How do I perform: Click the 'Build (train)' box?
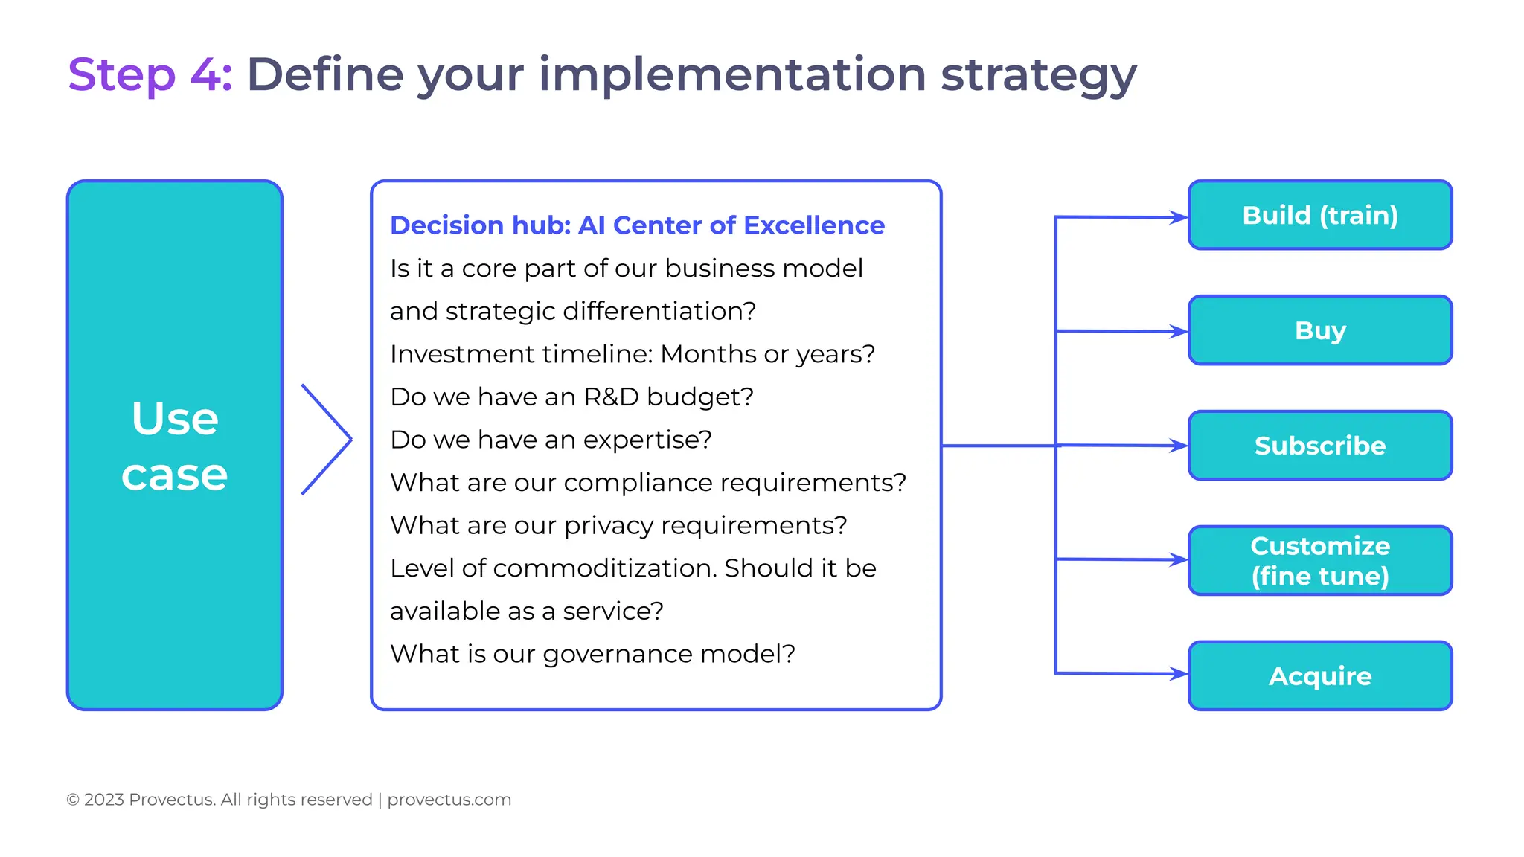[x=1319, y=215]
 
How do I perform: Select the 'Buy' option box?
[x=1319, y=330]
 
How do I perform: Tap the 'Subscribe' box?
[x=1319, y=446]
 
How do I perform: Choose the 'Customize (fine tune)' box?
[x=1319, y=561]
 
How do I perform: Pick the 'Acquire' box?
[x=1319, y=675]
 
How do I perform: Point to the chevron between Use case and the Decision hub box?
[x=327, y=439]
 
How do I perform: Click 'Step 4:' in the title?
[x=150, y=74]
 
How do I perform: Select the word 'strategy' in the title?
[x=1038, y=74]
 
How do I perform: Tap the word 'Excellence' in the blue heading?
[x=814, y=225]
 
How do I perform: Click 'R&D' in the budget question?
[x=611, y=397]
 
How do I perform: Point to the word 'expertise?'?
[x=647, y=440]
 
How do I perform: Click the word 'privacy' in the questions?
[x=612, y=526]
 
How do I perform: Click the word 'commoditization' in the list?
[x=604, y=568]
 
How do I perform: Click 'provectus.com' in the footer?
[x=449, y=800]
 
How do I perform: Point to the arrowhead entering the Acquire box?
[x=1179, y=674]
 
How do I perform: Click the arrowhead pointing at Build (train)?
[x=1179, y=217]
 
